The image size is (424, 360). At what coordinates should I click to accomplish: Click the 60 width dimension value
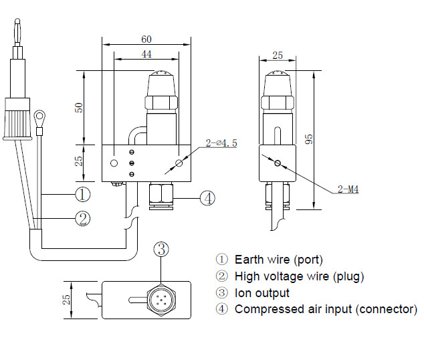[146, 39]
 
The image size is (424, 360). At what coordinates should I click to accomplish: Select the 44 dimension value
[146, 54]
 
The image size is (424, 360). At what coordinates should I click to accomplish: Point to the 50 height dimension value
[79, 108]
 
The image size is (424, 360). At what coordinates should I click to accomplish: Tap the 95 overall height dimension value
[309, 139]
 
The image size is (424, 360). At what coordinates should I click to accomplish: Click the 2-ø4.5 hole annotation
[221, 143]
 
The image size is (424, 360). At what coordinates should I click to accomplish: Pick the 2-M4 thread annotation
[348, 189]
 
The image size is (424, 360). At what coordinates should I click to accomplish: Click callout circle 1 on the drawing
[82, 194]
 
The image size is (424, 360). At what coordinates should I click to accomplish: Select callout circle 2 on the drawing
[82, 219]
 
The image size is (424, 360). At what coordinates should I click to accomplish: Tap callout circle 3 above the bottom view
[161, 249]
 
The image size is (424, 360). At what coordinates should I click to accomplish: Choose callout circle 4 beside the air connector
[208, 198]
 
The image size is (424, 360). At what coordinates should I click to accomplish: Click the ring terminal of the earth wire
[39, 116]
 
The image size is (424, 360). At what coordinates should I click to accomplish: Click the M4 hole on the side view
[278, 163]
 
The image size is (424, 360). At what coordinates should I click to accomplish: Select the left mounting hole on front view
[114, 163]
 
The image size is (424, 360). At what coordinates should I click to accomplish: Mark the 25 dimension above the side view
[278, 56]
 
